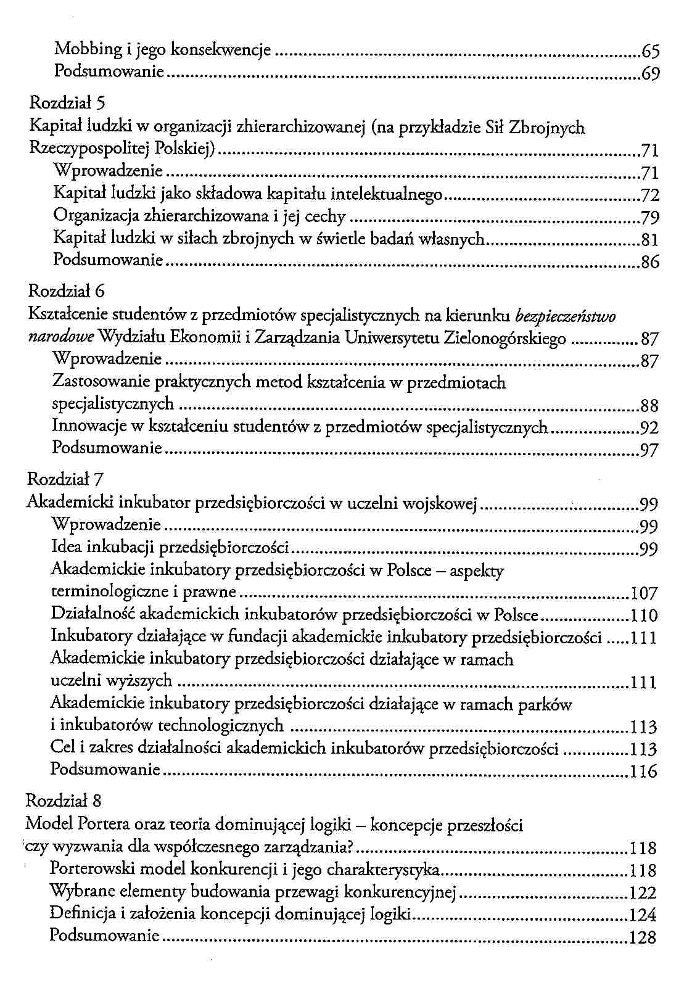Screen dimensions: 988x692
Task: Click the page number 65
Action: [x=650, y=51]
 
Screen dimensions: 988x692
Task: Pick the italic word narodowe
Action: [x=61, y=338]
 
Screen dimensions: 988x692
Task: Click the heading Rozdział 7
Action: [x=58, y=479]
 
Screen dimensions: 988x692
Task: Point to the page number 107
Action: [x=645, y=594]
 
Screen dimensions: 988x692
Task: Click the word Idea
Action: [x=66, y=547]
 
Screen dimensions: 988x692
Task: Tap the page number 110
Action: [x=645, y=616]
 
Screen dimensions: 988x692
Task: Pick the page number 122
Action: [x=643, y=893]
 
